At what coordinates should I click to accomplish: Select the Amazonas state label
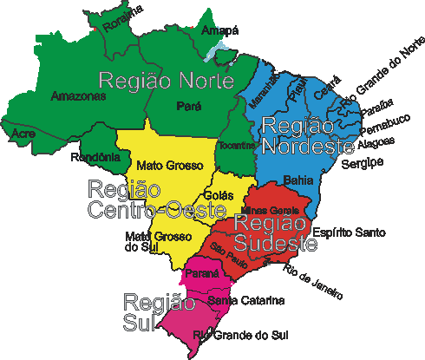(78, 95)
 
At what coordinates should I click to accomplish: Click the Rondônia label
(95, 156)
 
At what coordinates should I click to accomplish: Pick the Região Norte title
(167, 81)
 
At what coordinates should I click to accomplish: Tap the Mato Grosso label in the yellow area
(170, 164)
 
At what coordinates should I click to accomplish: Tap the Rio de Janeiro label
(312, 283)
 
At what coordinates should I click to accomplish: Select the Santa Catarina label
(245, 301)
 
